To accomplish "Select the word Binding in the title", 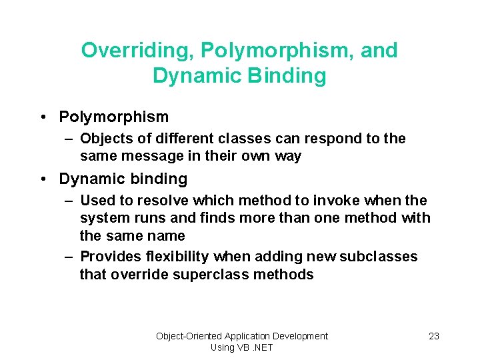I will [287, 76].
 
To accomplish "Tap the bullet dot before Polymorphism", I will [42, 117].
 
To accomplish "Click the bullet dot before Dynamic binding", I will [42, 179].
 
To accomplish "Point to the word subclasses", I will [379, 257].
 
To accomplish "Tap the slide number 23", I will [434, 336].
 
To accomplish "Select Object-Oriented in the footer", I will [189, 336].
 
